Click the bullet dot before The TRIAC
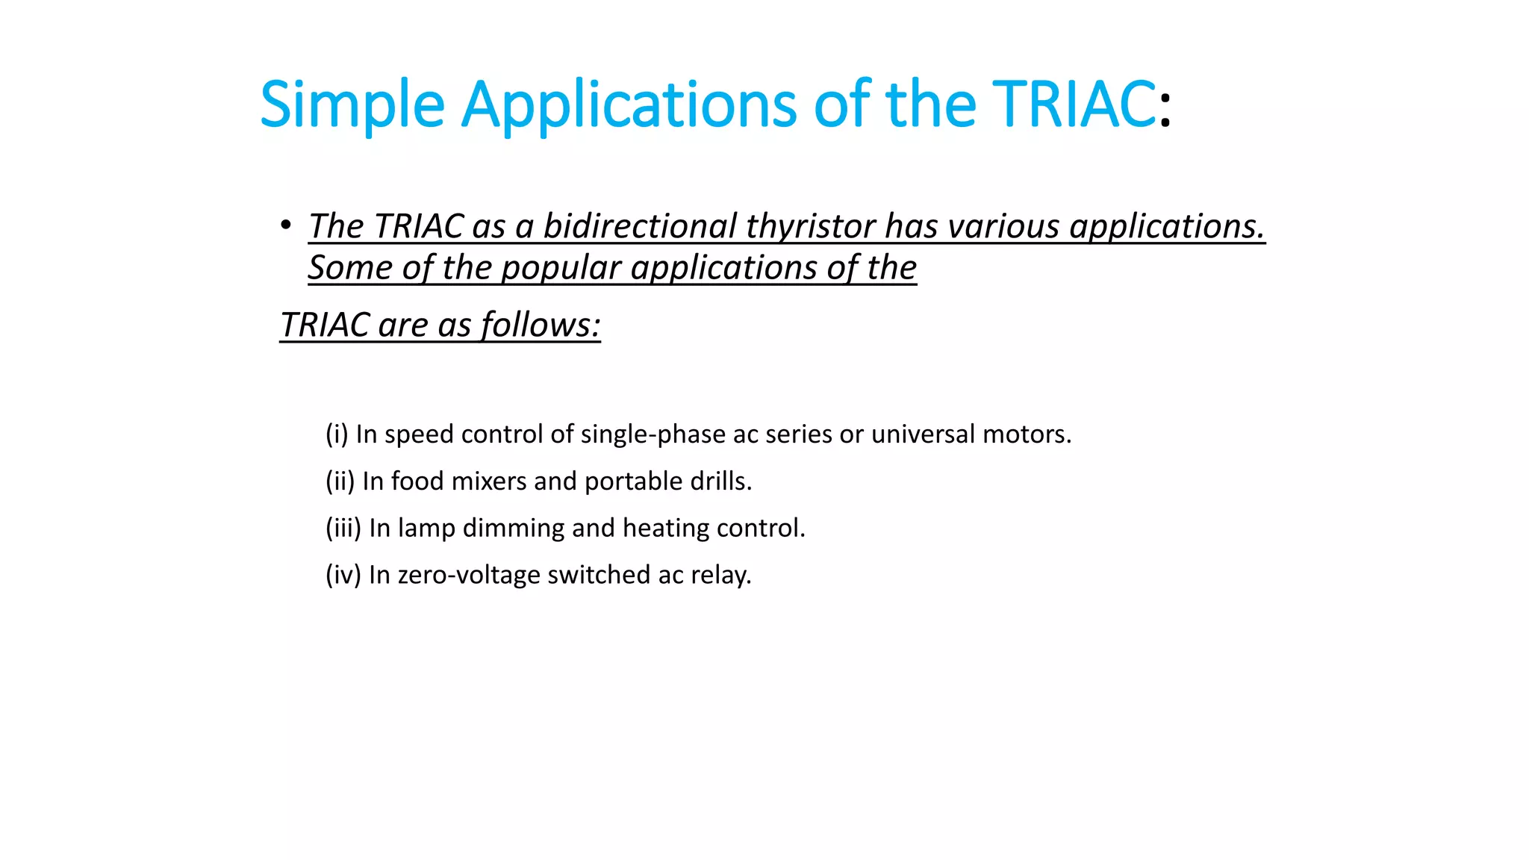[286, 225]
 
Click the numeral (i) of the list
[337, 434]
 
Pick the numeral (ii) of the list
[340, 481]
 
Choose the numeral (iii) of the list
[343, 528]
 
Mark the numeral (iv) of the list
[343, 575]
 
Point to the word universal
[923, 434]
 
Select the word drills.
[720, 481]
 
